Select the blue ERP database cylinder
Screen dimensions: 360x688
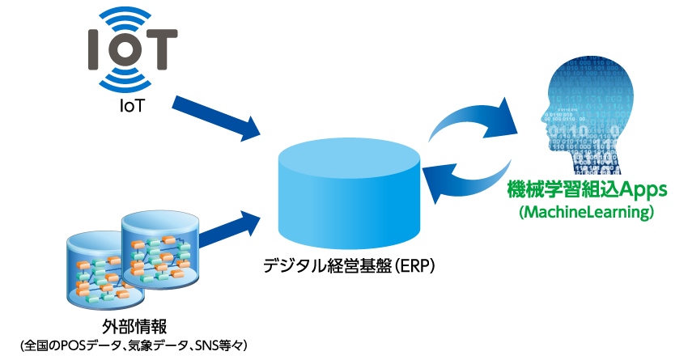(x=349, y=192)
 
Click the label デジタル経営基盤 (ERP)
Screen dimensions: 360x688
(x=350, y=265)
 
